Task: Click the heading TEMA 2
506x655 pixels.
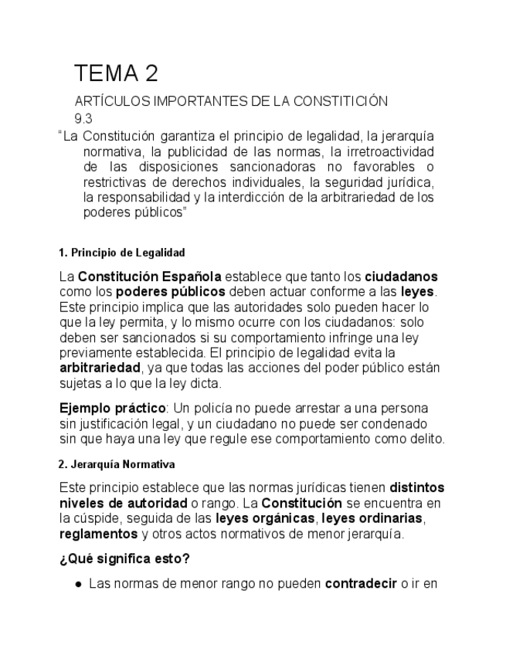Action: (116, 73)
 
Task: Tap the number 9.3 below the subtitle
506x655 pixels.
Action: (83, 118)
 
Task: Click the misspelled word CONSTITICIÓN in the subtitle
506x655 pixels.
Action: (340, 101)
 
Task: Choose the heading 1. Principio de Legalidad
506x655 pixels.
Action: (121, 253)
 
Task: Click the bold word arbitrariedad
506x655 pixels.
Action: (100, 368)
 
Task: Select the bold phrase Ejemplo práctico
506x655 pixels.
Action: (112, 408)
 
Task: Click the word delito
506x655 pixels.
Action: (426, 439)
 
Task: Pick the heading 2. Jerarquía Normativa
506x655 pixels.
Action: (117, 465)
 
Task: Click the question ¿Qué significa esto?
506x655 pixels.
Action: (124, 559)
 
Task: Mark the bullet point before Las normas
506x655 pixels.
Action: (79, 585)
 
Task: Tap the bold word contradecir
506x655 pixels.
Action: (360, 585)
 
